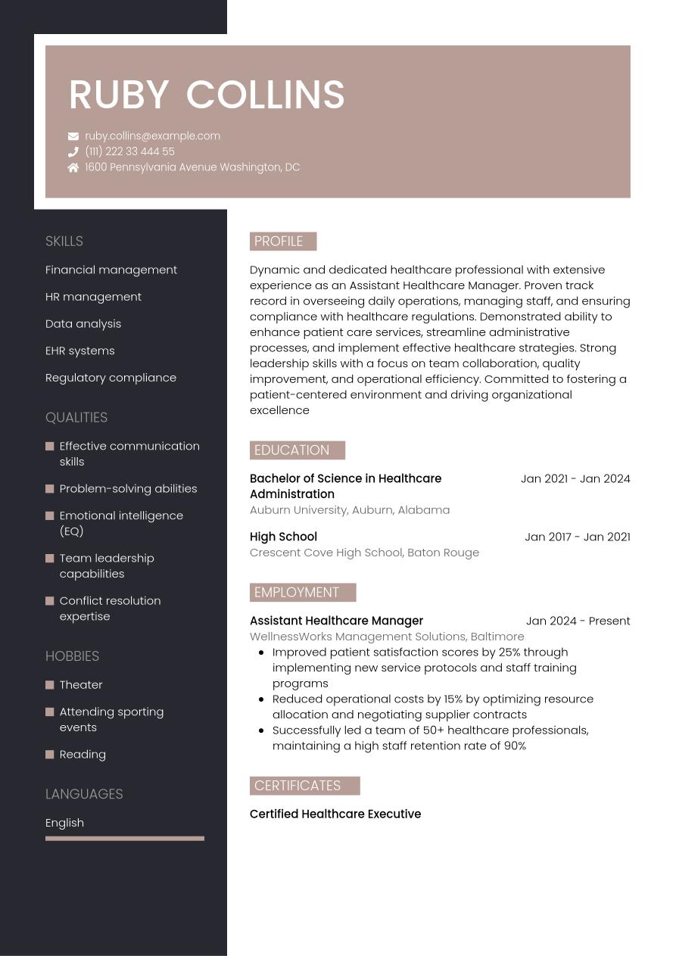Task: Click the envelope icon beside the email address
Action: coord(73,136)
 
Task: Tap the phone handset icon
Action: coord(73,151)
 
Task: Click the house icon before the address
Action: coord(73,167)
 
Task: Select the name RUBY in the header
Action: coord(119,95)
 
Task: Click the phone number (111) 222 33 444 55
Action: coord(129,151)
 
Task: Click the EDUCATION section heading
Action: coord(297,450)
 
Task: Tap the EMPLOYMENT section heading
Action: coord(302,593)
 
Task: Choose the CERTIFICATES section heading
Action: coord(304,786)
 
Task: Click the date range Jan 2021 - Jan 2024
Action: coord(575,478)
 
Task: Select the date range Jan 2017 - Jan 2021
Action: coord(577,537)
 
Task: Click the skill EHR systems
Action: coord(80,350)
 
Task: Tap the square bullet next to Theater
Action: coord(50,685)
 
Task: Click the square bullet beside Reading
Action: coord(50,755)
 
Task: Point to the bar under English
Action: coord(125,839)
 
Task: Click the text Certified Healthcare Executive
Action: coord(335,814)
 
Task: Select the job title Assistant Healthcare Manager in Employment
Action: coord(336,621)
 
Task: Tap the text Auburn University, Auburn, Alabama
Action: coord(350,510)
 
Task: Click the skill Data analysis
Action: coord(83,324)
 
